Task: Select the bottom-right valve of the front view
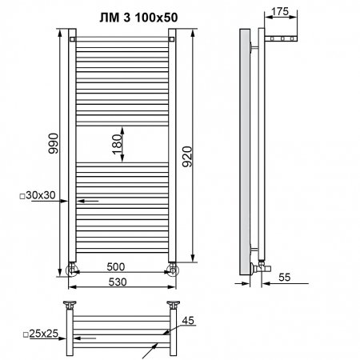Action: pyautogui.click(x=173, y=269)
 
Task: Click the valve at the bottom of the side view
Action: pyautogui.click(x=259, y=263)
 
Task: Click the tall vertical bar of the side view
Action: pyautogui.click(x=243, y=152)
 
